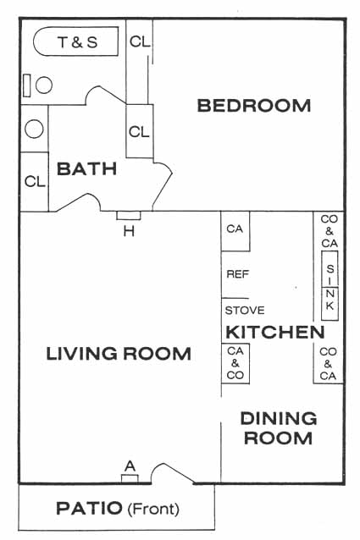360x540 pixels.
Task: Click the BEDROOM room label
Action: pyautogui.click(x=254, y=106)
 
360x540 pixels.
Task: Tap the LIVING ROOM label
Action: pyautogui.click(x=119, y=354)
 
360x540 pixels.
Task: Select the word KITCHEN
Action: pyautogui.click(x=275, y=332)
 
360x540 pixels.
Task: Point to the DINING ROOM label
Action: pyautogui.click(x=279, y=428)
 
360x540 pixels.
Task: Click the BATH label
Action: pyautogui.click(x=86, y=168)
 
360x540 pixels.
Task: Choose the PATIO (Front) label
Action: pyautogui.click(x=118, y=509)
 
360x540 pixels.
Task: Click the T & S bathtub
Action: pyautogui.click(x=75, y=41)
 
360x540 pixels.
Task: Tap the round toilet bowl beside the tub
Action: pyautogui.click(x=44, y=85)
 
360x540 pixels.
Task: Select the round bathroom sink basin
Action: pyautogui.click(x=34, y=129)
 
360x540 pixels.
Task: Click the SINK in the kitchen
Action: pyautogui.click(x=330, y=286)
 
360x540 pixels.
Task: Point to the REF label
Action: pyautogui.click(x=238, y=274)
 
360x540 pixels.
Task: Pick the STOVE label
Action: pyautogui.click(x=245, y=311)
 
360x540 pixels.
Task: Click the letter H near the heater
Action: pyautogui.click(x=129, y=232)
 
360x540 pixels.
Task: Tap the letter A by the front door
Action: pyautogui.click(x=130, y=466)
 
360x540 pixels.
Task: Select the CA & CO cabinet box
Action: pyautogui.click(x=235, y=363)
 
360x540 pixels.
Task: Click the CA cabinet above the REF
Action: pyautogui.click(x=235, y=231)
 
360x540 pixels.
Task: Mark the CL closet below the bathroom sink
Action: pyautogui.click(x=35, y=181)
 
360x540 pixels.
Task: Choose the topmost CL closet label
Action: pyautogui.click(x=140, y=41)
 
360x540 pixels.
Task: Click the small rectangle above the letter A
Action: pyautogui.click(x=130, y=478)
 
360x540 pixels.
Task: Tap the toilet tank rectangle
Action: pyautogui.click(x=26, y=85)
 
